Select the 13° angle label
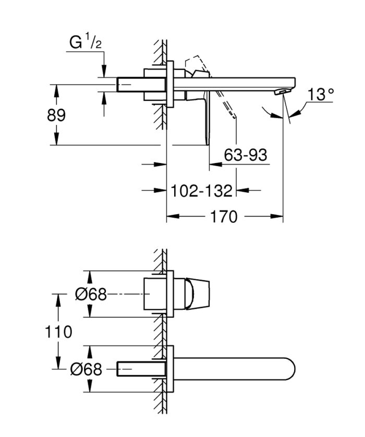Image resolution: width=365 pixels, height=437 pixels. click(320, 95)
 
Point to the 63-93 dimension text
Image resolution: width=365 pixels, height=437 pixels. click(245, 155)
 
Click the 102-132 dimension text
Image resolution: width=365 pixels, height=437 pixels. click(202, 191)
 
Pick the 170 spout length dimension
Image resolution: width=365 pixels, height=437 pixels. click(224, 216)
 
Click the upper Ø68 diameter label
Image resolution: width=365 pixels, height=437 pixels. click(91, 295)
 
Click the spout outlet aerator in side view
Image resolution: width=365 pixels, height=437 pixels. click(281, 92)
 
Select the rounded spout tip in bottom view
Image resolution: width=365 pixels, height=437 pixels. click(292, 369)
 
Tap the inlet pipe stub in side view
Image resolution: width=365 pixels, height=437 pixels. click(130, 84)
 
